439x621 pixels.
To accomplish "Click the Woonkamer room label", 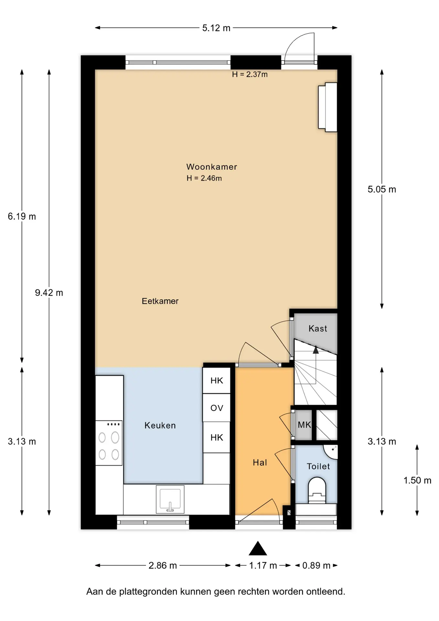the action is [x=212, y=167].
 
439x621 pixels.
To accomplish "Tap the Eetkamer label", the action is [x=160, y=301].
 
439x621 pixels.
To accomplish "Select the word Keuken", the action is [x=160, y=425].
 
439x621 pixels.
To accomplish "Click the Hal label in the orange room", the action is [x=260, y=463].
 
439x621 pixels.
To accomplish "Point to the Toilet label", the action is [x=318, y=466].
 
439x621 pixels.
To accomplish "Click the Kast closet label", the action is [x=318, y=329].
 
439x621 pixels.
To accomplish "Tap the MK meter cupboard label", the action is [x=304, y=425].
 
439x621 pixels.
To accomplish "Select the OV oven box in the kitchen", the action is [x=217, y=408].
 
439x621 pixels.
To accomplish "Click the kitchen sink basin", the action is [x=170, y=499].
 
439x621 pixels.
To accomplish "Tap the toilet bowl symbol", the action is [x=317, y=490].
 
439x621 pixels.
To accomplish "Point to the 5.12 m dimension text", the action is [x=216, y=28].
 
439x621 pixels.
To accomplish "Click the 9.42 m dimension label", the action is [x=49, y=293].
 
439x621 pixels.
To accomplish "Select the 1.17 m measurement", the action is [x=263, y=565].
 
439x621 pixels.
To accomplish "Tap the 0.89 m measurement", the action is [x=316, y=565].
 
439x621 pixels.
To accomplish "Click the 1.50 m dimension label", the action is [x=417, y=480].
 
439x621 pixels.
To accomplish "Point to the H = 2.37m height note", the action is [x=250, y=74].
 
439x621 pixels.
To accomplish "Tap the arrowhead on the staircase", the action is [x=316, y=349].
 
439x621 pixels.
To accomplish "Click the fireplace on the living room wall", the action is [x=328, y=107].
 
